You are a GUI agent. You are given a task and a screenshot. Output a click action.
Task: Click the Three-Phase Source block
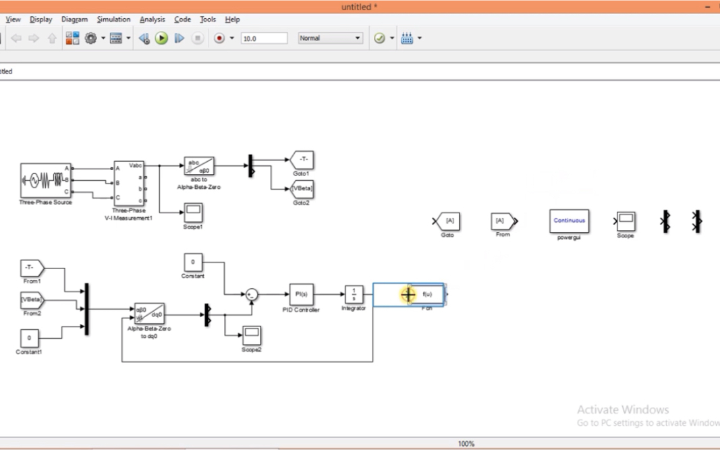pyautogui.click(x=45, y=180)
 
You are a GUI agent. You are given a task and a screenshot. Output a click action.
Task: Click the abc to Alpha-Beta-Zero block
pyautogui.click(x=198, y=166)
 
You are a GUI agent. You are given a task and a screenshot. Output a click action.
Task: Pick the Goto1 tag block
pyautogui.click(x=302, y=160)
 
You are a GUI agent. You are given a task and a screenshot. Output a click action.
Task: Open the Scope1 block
pyautogui.click(x=193, y=213)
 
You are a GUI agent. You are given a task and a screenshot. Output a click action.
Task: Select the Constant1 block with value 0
pyautogui.click(x=29, y=337)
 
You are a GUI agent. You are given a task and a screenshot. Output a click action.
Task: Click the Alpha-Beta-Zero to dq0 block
pyautogui.click(x=149, y=313)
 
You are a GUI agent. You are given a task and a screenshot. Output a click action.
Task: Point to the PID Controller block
pyautogui.click(x=301, y=294)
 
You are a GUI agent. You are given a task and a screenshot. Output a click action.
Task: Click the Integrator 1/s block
pyautogui.click(x=354, y=294)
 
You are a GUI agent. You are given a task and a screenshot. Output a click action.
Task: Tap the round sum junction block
pyautogui.click(x=251, y=294)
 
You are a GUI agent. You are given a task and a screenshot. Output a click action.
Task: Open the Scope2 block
pyautogui.click(x=251, y=335)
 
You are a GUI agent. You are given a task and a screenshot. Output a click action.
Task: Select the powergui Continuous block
pyautogui.click(x=569, y=221)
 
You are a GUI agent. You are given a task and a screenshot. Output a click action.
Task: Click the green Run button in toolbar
pyautogui.click(x=161, y=38)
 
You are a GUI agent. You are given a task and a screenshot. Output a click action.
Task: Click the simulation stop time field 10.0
pyautogui.click(x=264, y=38)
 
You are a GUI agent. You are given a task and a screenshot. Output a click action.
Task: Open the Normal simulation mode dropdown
pyautogui.click(x=331, y=38)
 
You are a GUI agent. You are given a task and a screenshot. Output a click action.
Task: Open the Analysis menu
pyautogui.click(x=152, y=20)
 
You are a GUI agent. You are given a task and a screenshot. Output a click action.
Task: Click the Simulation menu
pyautogui.click(x=113, y=20)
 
